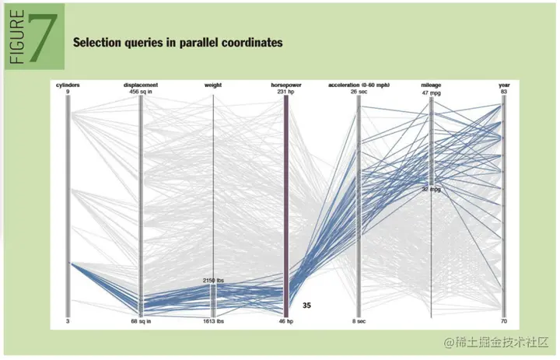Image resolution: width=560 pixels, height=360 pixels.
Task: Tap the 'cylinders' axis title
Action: [68, 84]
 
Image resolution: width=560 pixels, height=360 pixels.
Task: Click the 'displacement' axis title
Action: [141, 84]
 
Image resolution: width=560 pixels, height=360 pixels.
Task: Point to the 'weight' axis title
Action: [214, 84]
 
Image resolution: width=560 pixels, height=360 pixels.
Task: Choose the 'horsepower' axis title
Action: [285, 84]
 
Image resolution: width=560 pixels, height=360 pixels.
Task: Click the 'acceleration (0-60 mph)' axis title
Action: [359, 84]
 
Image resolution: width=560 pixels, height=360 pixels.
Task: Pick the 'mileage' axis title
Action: [432, 84]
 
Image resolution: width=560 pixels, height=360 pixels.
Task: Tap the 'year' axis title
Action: [504, 84]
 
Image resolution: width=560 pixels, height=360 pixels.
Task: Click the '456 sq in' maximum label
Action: [141, 92]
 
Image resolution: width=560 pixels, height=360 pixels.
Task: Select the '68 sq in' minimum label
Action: [141, 320]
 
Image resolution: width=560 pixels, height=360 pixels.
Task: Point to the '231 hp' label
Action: [285, 92]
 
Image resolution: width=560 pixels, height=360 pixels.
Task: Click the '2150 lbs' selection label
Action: [214, 279]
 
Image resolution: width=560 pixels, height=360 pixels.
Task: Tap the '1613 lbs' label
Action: [214, 320]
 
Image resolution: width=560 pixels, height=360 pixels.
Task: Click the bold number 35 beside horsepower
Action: [306, 306]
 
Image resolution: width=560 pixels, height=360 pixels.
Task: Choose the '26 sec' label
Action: [359, 92]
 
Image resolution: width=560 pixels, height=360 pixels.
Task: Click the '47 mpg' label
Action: [432, 92]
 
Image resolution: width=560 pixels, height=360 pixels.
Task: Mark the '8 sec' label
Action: [359, 320]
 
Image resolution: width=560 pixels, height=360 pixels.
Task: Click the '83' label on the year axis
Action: [504, 92]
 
